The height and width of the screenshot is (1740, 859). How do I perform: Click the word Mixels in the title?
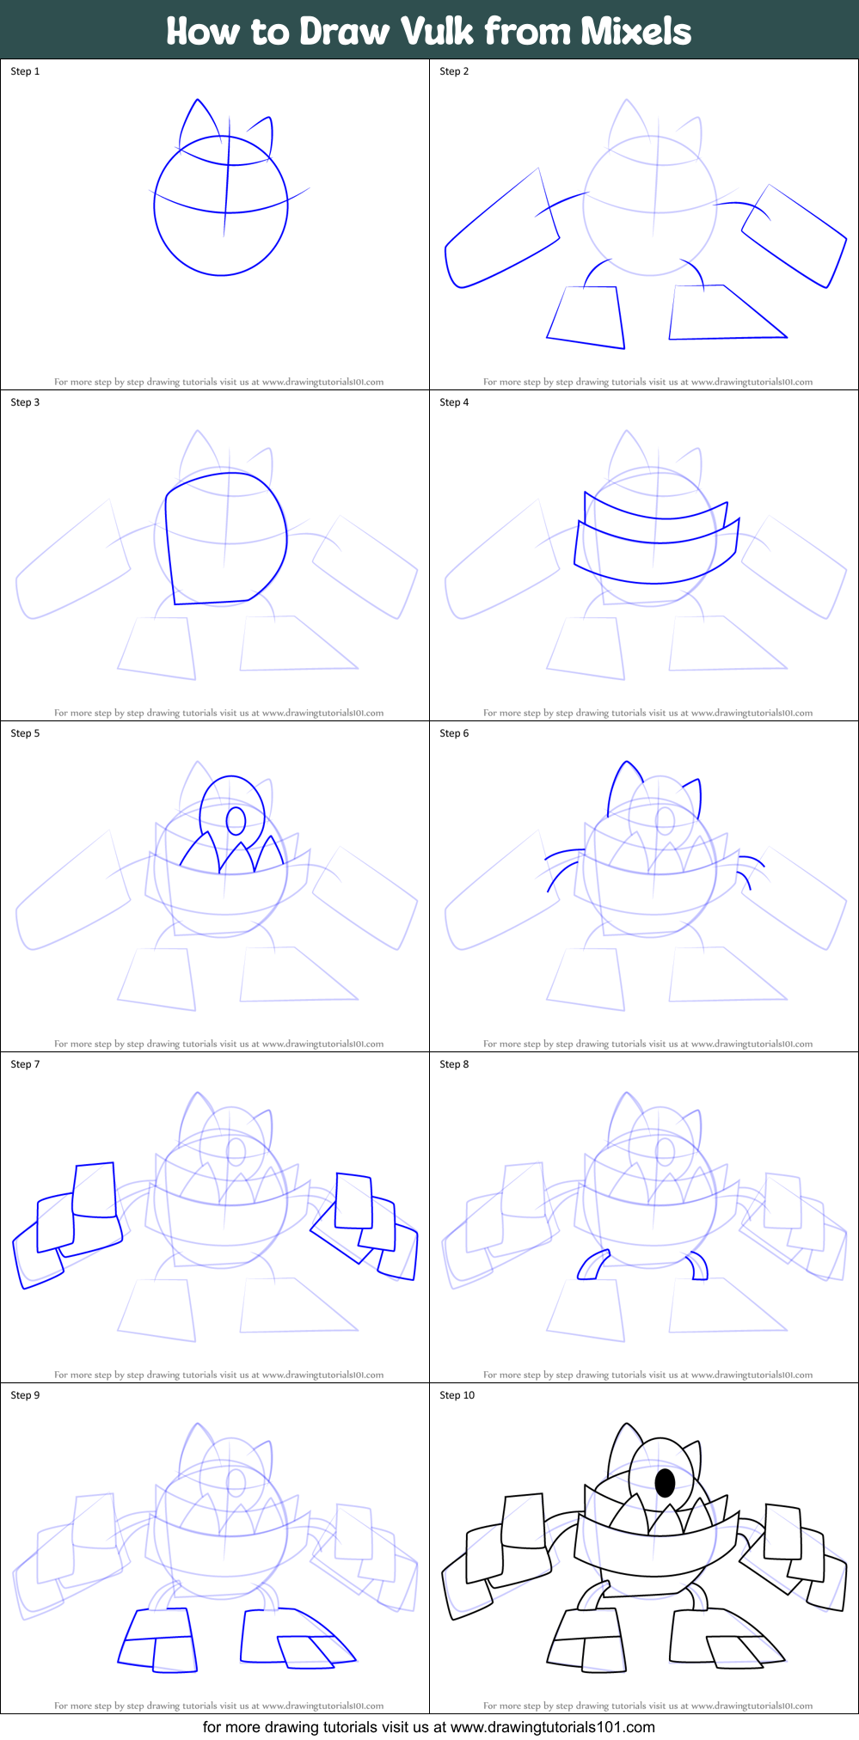pyautogui.click(x=635, y=32)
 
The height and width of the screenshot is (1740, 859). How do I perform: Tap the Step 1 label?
pyautogui.click(x=25, y=71)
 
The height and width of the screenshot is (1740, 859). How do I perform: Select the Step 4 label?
pyautogui.click(x=454, y=402)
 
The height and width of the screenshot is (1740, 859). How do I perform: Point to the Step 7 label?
pyautogui.click(x=25, y=1064)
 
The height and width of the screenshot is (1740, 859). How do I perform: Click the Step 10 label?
pyautogui.click(x=457, y=1395)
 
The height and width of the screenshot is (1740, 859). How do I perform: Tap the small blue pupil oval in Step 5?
pyautogui.click(x=235, y=820)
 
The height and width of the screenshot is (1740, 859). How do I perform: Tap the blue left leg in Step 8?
pyautogui.click(x=592, y=1266)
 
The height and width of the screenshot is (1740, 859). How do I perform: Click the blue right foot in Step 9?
pyautogui.click(x=292, y=1639)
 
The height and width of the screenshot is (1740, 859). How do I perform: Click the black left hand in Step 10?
pyautogui.click(x=499, y=1554)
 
